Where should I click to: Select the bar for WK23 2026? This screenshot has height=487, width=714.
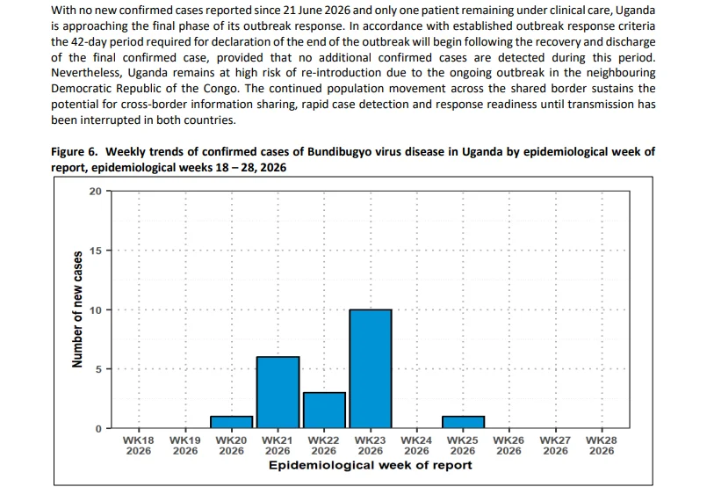pyautogui.click(x=371, y=369)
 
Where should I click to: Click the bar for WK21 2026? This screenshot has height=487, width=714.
pyautogui.click(x=278, y=393)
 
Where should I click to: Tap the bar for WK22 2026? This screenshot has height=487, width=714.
pyautogui.click(x=324, y=411)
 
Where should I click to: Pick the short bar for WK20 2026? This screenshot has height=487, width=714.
pyautogui.click(x=231, y=422)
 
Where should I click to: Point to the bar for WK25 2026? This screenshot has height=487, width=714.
pyautogui.click(x=463, y=422)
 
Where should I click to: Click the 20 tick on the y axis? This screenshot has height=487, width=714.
pyautogui.click(x=95, y=192)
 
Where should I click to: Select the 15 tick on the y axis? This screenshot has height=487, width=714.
pyautogui.click(x=95, y=251)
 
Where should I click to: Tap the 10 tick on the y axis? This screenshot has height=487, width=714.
pyautogui.click(x=95, y=310)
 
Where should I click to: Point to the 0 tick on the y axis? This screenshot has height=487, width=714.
pyautogui.click(x=98, y=429)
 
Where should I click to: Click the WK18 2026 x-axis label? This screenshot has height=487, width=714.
pyautogui.click(x=139, y=446)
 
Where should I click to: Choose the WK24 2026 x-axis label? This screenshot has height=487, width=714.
pyautogui.click(x=416, y=446)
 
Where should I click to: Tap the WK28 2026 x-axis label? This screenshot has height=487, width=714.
pyautogui.click(x=602, y=446)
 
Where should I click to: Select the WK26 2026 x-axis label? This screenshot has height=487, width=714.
pyautogui.click(x=508, y=446)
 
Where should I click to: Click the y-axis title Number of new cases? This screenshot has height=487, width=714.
pyautogui.click(x=77, y=309)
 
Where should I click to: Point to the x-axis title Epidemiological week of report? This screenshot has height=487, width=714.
pyautogui.click(x=371, y=466)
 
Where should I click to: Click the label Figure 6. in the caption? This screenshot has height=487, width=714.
pyautogui.click(x=75, y=152)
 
